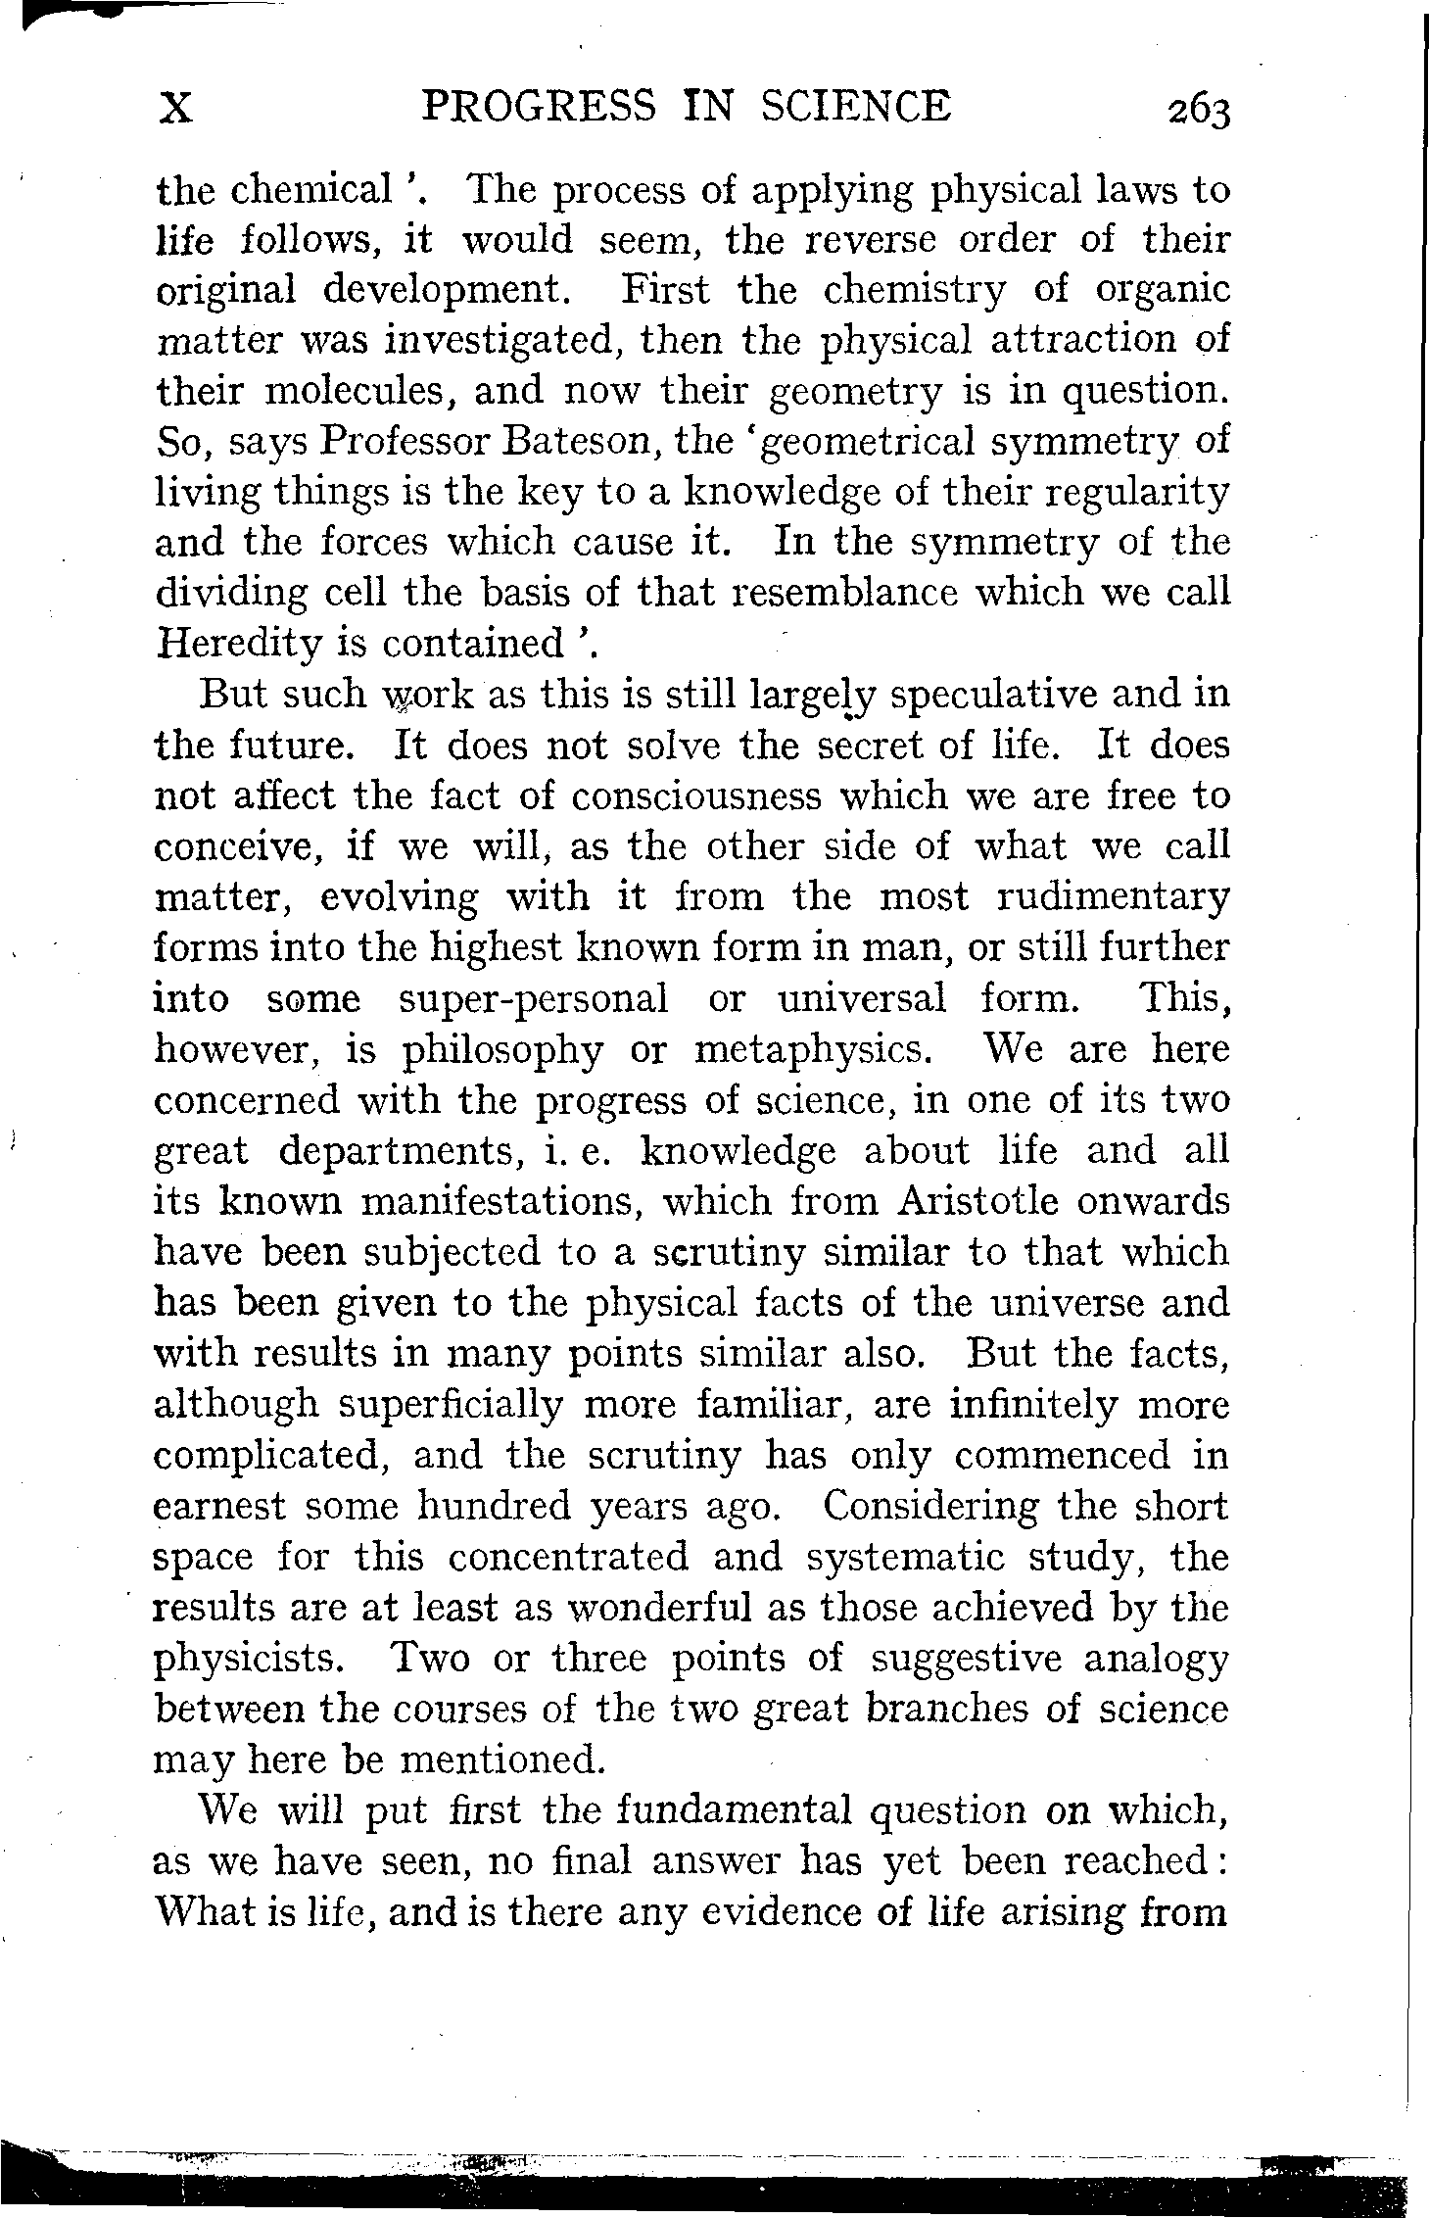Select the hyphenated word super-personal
pyautogui.click(x=535, y=999)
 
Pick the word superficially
pyautogui.click(x=450, y=1405)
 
